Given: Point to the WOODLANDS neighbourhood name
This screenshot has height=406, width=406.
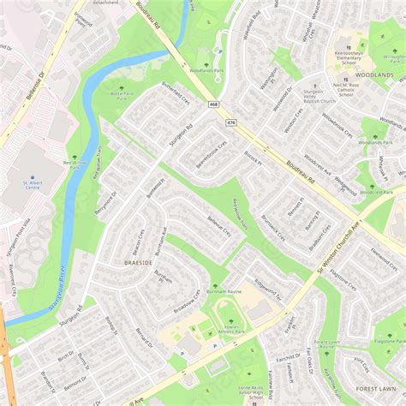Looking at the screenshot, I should (x=375, y=75).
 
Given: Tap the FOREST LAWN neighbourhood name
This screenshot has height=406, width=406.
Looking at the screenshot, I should (x=376, y=388).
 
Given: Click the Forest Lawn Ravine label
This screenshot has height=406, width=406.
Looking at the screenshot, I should (x=326, y=343).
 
